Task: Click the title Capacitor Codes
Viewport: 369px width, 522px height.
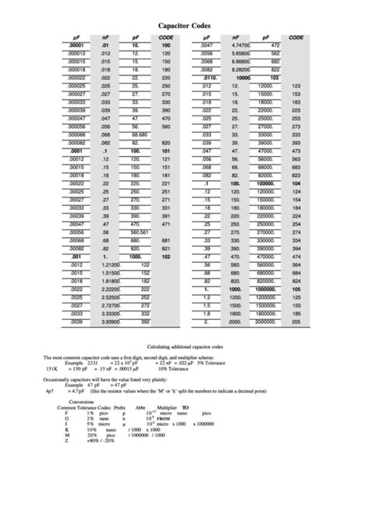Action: pyautogui.click(x=184, y=26)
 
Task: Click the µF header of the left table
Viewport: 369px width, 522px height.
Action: pyautogui.click(x=75, y=37)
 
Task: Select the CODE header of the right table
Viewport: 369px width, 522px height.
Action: pyautogui.click(x=296, y=37)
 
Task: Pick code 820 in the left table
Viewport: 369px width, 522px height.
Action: pyautogui.click(x=166, y=144)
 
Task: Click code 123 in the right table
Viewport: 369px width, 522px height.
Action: pyautogui.click(x=296, y=83)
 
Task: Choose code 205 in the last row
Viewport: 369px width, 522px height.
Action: pyautogui.click(x=296, y=321)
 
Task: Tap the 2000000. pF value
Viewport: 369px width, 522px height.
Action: pyautogui.click(x=264, y=321)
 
